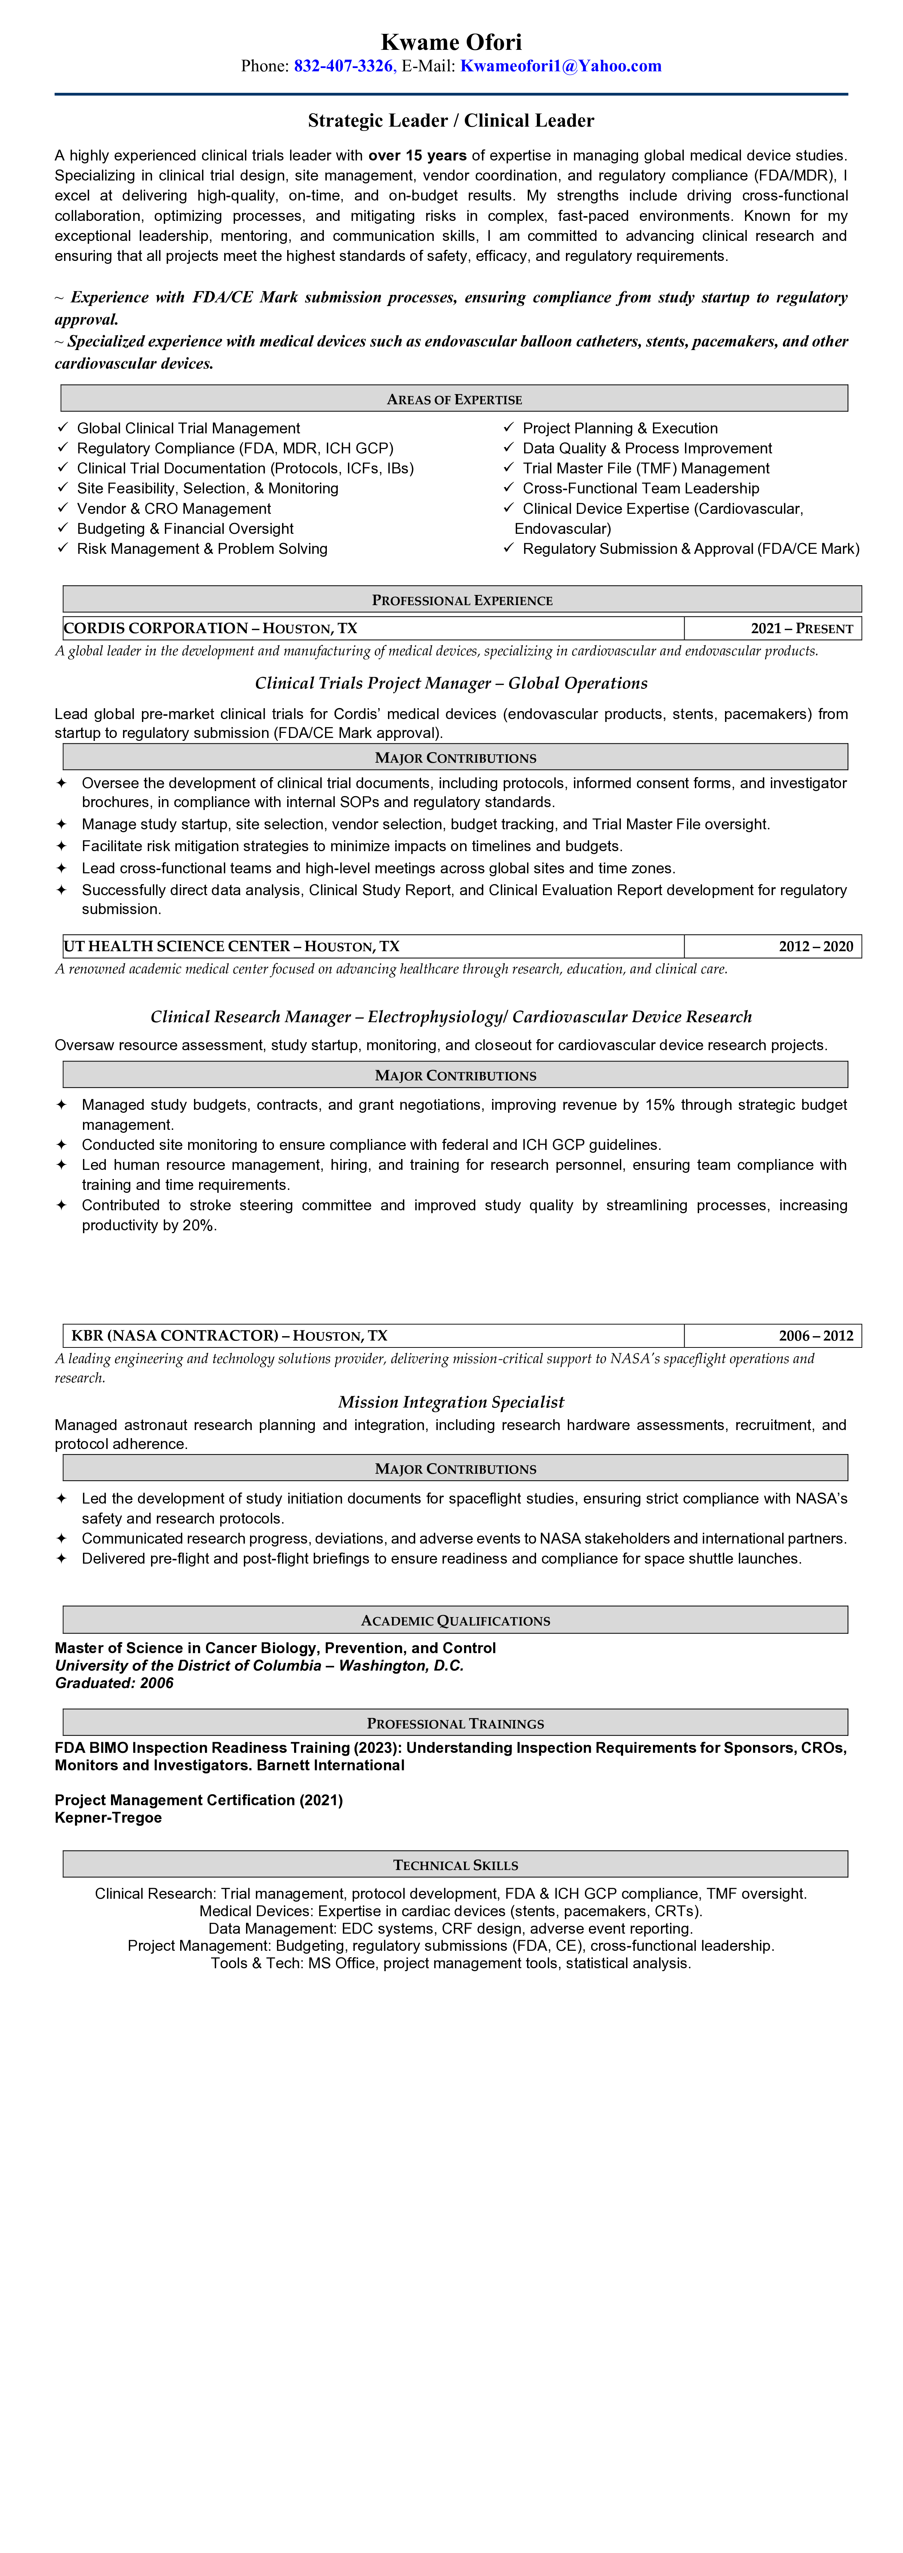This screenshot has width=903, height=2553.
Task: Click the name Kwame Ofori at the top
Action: [x=451, y=41]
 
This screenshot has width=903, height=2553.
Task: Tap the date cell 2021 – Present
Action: [x=801, y=628]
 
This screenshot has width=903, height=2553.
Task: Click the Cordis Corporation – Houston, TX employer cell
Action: [x=210, y=628]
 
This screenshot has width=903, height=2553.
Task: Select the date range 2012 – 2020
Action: [x=815, y=946]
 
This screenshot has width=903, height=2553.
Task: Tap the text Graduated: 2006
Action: [x=114, y=1683]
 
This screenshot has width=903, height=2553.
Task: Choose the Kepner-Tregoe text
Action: [x=108, y=1818]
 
